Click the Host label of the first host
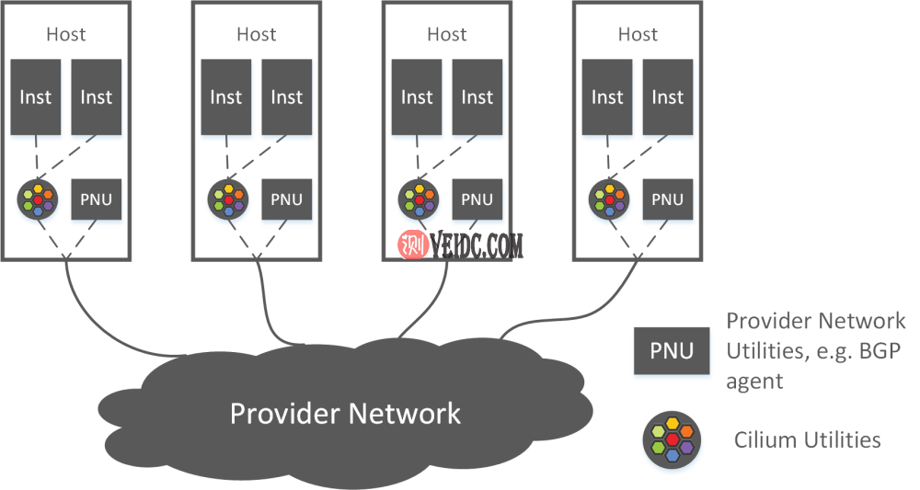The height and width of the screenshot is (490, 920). pos(66,35)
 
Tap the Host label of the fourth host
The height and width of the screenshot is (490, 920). pos(638,35)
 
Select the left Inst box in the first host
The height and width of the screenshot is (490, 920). pos(36,97)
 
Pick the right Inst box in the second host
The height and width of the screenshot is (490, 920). pos(286,97)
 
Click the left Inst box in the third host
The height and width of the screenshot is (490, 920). pos(417,97)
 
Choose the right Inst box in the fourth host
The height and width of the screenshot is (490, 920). pos(668,97)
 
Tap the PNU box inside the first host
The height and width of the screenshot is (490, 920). pos(97,199)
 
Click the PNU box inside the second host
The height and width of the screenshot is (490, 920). pos(286,199)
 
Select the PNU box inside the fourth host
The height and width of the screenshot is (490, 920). pos(668,199)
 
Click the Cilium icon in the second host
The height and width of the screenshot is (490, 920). pos(226,199)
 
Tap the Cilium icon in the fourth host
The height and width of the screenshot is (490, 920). pos(607,199)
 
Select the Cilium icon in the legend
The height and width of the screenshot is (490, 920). pos(672,439)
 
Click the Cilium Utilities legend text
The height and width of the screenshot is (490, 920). pos(807,439)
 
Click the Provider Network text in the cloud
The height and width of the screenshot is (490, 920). pos(345,413)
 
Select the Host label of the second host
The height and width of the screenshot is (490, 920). pos(257,35)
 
